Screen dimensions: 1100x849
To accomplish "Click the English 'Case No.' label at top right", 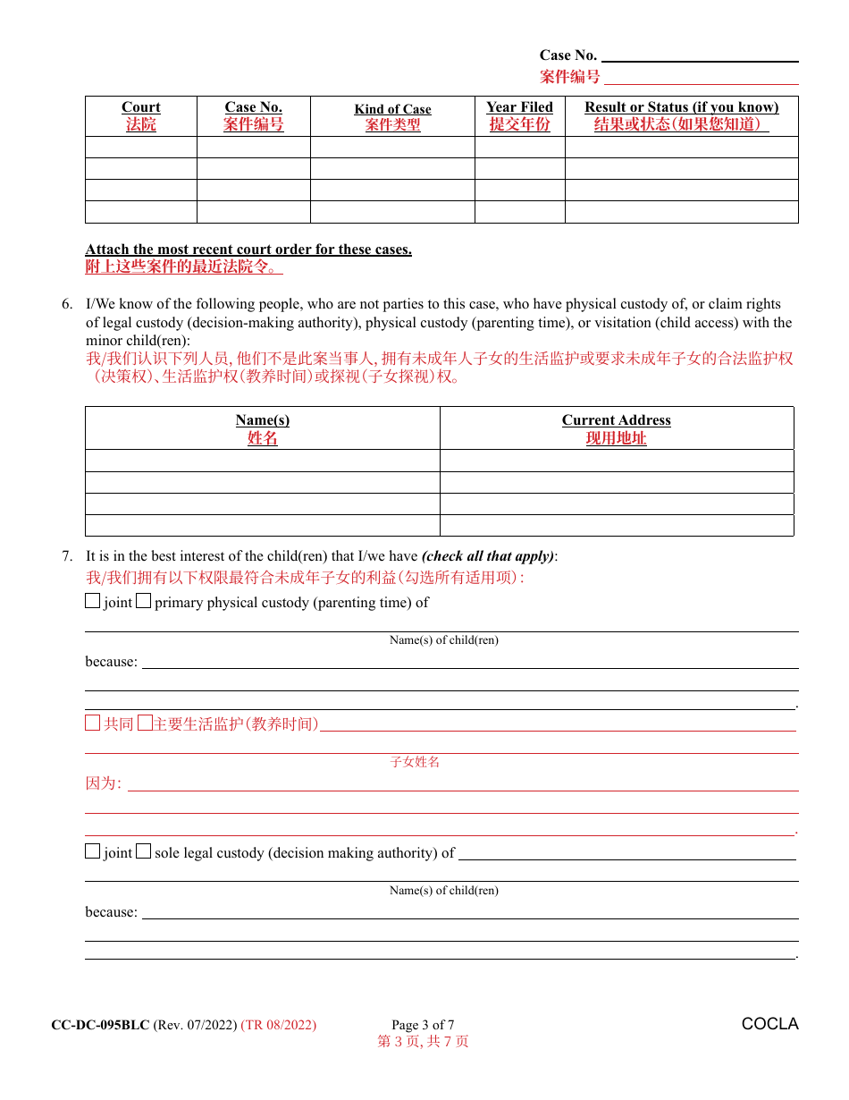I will (x=567, y=55).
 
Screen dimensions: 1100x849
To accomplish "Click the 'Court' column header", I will (x=141, y=107).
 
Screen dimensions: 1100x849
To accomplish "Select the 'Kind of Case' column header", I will (x=392, y=109).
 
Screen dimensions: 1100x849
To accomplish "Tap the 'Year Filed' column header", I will (x=519, y=107).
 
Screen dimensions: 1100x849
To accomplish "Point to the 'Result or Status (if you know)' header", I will (x=681, y=107).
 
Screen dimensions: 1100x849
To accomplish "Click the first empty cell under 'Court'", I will (x=141, y=148).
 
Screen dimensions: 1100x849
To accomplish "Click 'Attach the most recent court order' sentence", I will (x=248, y=250).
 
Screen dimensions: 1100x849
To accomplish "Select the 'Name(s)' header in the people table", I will (x=263, y=420).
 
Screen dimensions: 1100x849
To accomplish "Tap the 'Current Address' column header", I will (x=616, y=420).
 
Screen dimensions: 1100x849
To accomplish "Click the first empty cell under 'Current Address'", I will (x=617, y=461).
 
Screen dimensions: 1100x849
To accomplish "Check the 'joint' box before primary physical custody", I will (x=93, y=602).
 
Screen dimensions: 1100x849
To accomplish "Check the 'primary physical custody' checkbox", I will (x=144, y=602).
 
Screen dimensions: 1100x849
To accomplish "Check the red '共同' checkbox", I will (x=93, y=723).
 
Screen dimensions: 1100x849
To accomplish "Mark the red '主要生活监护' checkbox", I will (x=145, y=723).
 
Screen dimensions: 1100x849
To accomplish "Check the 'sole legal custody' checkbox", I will (x=144, y=852).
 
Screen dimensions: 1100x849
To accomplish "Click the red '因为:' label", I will (x=103, y=783).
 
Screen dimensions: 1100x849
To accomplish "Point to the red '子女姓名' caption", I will (x=416, y=762).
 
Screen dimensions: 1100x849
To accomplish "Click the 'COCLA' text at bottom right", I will (x=769, y=1024).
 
